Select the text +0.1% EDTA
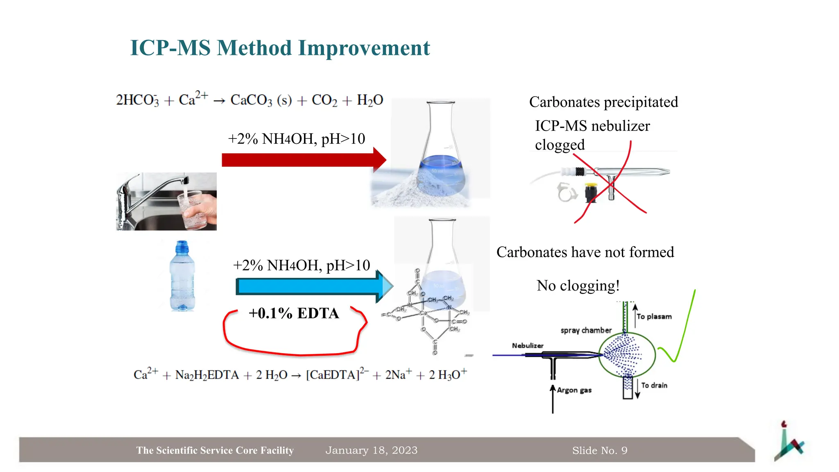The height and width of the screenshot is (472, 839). pyautogui.click(x=294, y=313)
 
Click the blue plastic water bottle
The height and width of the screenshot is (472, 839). pyautogui.click(x=182, y=277)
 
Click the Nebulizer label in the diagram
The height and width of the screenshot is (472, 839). pyautogui.click(x=527, y=346)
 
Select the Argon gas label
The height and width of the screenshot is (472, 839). pyautogui.click(x=574, y=390)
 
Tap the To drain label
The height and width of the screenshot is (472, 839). pyautogui.click(x=654, y=386)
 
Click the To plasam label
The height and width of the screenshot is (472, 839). pyautogui.click(x=654, y=317)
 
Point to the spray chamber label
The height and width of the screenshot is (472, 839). pyautogui.click(x=586, y=330)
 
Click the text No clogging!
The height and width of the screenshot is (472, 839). pyautogui.click(x=578, y=286)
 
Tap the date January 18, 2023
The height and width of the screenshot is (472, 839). pyautogui.click(x=371, y=450)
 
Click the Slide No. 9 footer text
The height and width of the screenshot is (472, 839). pyautogui.click(x=599, y=451)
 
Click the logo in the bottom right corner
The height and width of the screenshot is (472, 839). pyautogui.click(x=788, y=442)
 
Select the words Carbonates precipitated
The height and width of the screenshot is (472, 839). pyautogui.click(x=603, y=102)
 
